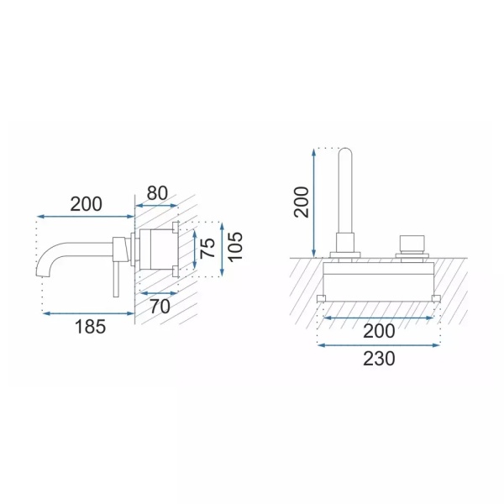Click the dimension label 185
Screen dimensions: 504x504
90,327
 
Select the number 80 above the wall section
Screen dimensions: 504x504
157,193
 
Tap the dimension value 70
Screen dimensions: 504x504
160,307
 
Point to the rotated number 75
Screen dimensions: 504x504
208,248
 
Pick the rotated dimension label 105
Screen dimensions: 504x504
235,247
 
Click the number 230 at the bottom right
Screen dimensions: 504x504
379,359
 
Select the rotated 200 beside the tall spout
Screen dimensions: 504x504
302,202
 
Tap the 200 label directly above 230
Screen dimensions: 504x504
379,331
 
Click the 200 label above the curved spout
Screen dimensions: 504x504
87,204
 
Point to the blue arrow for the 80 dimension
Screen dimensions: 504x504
156,206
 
